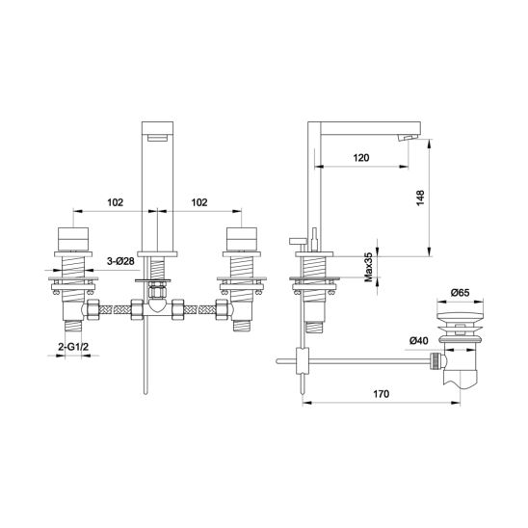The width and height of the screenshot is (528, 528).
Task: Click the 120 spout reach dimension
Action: (361, 158)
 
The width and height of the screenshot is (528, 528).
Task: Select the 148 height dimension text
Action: (420, 198)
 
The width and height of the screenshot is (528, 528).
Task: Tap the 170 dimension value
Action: (381, 394)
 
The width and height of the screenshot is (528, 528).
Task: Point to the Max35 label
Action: (369, 267)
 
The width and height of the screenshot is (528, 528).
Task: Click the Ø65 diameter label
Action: (460, 293)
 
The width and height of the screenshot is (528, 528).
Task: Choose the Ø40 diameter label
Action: (419, 341)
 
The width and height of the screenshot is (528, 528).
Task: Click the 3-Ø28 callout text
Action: (120, 261)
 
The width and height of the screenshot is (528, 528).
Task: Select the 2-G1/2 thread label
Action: (73, 347)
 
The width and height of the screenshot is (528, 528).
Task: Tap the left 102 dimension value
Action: (116, 202)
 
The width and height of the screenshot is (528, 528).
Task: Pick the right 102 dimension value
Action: (199, 202)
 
